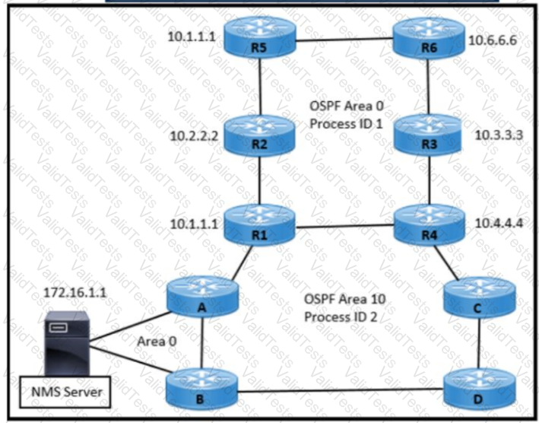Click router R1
261,226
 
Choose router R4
429,226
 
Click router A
201,298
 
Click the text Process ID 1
344,123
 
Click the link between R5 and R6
344,38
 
